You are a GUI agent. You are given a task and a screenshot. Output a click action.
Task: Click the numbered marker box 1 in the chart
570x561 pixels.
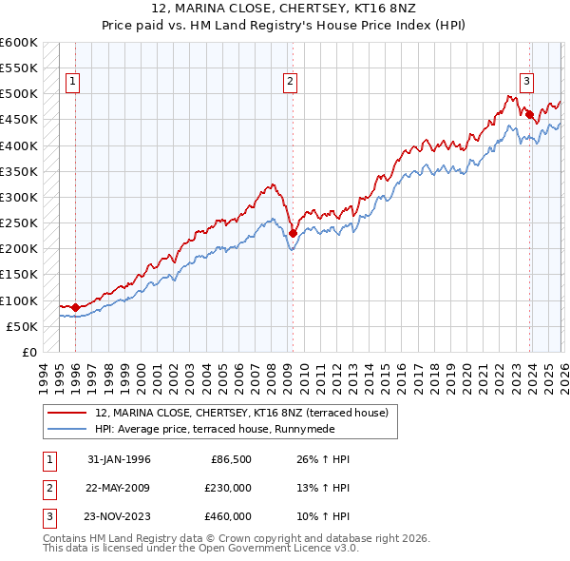pos(72,83)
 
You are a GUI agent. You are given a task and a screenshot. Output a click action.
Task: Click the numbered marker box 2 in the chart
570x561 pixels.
pos(290,83)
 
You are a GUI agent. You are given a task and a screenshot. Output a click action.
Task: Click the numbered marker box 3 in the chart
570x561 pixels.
pos(526,83)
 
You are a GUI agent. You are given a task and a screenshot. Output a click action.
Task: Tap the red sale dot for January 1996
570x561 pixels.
pos(75,307)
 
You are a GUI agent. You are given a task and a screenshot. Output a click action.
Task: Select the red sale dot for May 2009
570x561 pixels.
pos(293,233)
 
